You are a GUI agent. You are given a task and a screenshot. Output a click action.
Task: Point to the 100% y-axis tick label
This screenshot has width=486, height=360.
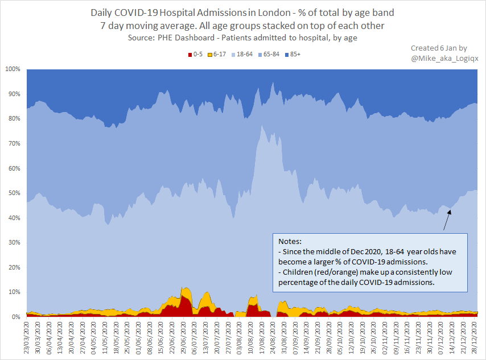coord(13,69)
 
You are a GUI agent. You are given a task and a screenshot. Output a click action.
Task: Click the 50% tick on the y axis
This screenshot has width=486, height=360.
coord(14,193)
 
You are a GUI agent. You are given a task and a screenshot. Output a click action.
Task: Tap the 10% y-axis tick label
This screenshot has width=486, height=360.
coord(14,292)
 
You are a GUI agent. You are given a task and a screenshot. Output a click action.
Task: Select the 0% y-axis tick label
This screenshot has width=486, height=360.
coord(16,317)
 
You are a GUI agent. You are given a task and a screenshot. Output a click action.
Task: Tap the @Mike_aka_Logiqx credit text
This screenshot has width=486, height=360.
coord(440,58)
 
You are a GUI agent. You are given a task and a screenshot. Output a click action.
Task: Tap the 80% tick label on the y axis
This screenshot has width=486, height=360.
coord(14,118)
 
